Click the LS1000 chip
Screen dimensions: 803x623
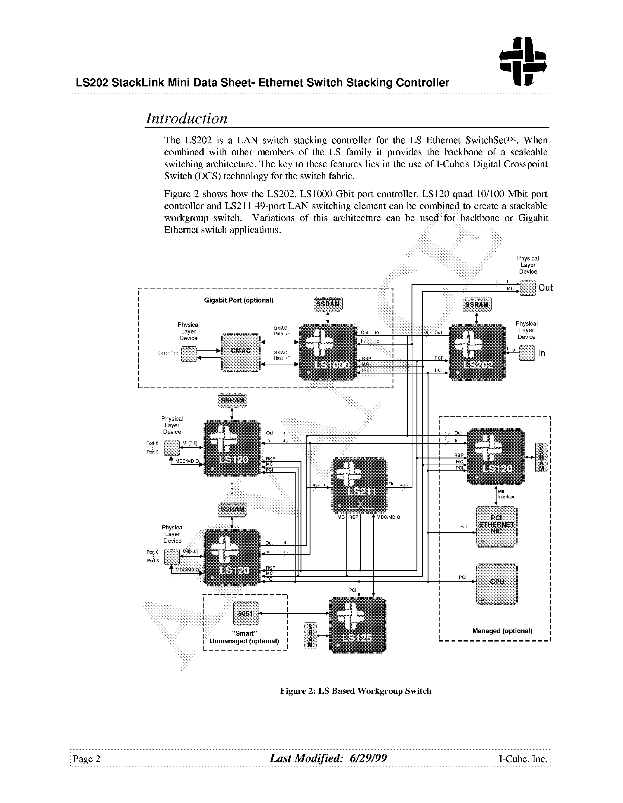[328, 352]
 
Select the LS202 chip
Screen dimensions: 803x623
[477, 352]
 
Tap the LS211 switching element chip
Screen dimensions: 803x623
[359, 485]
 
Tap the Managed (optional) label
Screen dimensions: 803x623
[502, 631]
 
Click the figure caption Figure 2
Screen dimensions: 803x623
[355, 691]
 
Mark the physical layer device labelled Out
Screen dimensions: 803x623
[527, 288]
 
